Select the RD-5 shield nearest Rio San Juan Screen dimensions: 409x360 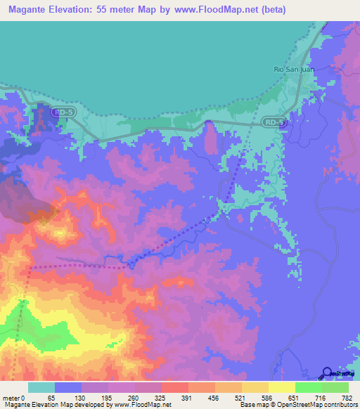[275, 122]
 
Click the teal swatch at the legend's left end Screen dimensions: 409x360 [41, 387]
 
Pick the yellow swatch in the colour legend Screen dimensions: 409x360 [282, 387]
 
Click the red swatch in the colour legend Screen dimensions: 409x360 [175, 387]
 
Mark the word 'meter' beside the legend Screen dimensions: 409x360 [12, 397]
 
